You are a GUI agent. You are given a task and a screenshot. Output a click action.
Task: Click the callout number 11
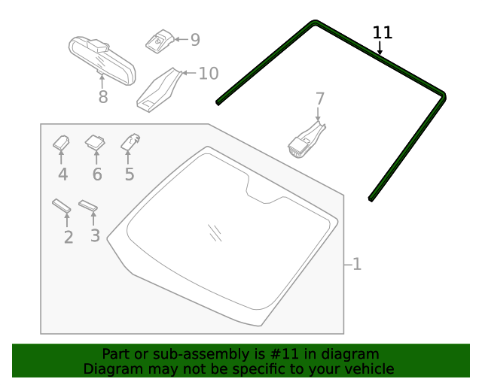click(383, 32)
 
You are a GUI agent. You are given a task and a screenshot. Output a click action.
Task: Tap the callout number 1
click(356, 264)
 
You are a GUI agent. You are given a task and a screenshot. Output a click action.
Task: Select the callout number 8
click(103, 97)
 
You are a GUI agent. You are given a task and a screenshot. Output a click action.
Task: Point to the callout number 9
click(194, 40)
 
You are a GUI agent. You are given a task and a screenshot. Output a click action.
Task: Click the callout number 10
click(208, 73)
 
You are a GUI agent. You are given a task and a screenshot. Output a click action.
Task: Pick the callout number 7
click(319, 99)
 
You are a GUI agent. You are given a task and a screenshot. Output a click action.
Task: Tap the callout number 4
click(63, 174)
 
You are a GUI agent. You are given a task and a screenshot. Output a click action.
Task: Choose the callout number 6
click(96, 174)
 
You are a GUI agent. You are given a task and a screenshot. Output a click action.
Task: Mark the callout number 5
click(130, 174)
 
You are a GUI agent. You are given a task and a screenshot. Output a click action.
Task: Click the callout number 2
click(69, 237)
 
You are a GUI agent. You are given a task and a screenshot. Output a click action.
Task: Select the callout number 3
click(95, 235)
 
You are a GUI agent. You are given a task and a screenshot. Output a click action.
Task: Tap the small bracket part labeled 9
click(159, 41)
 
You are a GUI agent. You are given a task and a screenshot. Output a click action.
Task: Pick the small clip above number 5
click(131, 140)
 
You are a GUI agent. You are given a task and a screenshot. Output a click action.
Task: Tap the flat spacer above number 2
click(62, 205)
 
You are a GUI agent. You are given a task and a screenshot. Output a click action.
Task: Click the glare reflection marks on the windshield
click(215, 232)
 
